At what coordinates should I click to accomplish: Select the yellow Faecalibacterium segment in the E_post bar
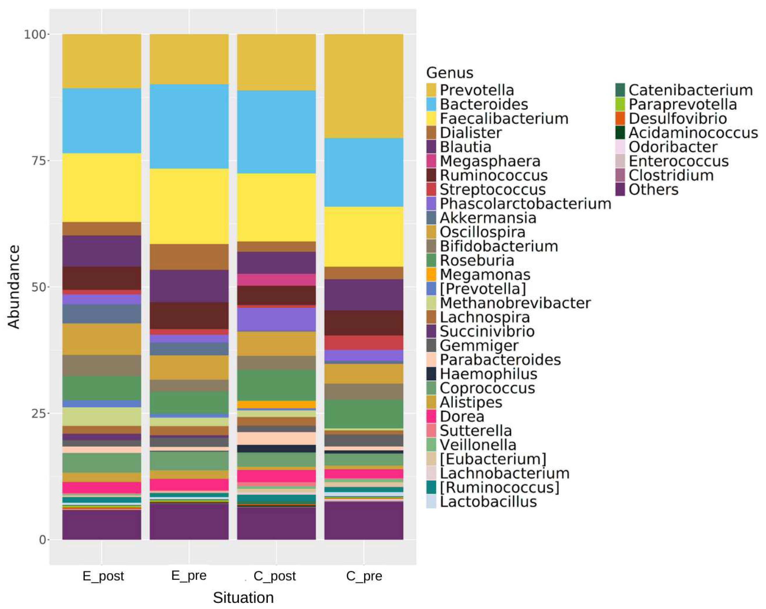pyautogui.click(x=102, y=188)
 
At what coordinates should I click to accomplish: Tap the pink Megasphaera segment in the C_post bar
pyautogui.click(x=276, y=279)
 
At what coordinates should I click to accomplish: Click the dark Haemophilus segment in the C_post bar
pyautogui.click(x=276, y=448)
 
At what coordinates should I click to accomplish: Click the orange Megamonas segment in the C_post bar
pyautogui.click(x=276, y=405)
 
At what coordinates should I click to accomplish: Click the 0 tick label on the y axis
pyautogui.click(x=42, y=540)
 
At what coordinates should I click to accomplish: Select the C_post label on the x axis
pyautogui.click(x=274, y=576)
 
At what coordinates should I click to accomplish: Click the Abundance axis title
pyautogui.click(x=13, y=287)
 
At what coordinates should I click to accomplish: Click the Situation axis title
pyautogui.click(x=243, y=598)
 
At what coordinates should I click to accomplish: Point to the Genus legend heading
pyautogui.click(x=450, y=73)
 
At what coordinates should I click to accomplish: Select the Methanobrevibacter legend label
pyautogui.click(x=515, y=303)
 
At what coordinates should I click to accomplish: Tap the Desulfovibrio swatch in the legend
pyautogui.click(x=620, y=118)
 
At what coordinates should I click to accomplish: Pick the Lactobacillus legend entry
pyautogui.click(x=488, y=502)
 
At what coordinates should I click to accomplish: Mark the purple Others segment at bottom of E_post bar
pyautogui.click(x=102, y=524)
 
